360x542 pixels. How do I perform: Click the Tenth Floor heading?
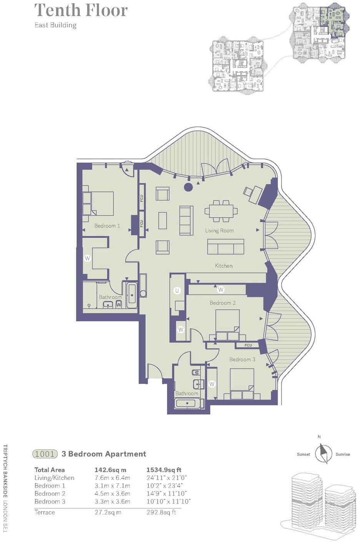pos(81,10)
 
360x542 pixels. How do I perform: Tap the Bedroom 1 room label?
pos(107,226)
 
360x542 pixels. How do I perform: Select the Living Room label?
pos(219,230)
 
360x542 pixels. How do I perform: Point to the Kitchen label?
pos(223,266)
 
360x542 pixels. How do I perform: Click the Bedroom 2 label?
pos(223,303)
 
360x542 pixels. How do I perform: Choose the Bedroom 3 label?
pos(242,360)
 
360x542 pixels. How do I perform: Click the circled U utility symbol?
pos(177,291)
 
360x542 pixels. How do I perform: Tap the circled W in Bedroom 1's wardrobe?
pos(88,258)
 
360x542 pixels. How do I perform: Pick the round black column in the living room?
pos(188,187)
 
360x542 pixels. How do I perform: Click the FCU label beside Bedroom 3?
pos(248,345)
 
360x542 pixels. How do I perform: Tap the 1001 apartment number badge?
pos(45,454)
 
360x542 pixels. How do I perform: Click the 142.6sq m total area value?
pos(110,470)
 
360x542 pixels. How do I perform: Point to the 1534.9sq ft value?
pos(164,470)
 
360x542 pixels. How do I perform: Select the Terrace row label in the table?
pos(45,512)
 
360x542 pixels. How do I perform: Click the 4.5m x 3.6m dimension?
pos(112,494)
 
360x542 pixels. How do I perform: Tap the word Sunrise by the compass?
pos(343,454)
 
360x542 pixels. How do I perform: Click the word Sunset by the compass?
pos(303,454)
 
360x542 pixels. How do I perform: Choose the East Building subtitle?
pos(55,25)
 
